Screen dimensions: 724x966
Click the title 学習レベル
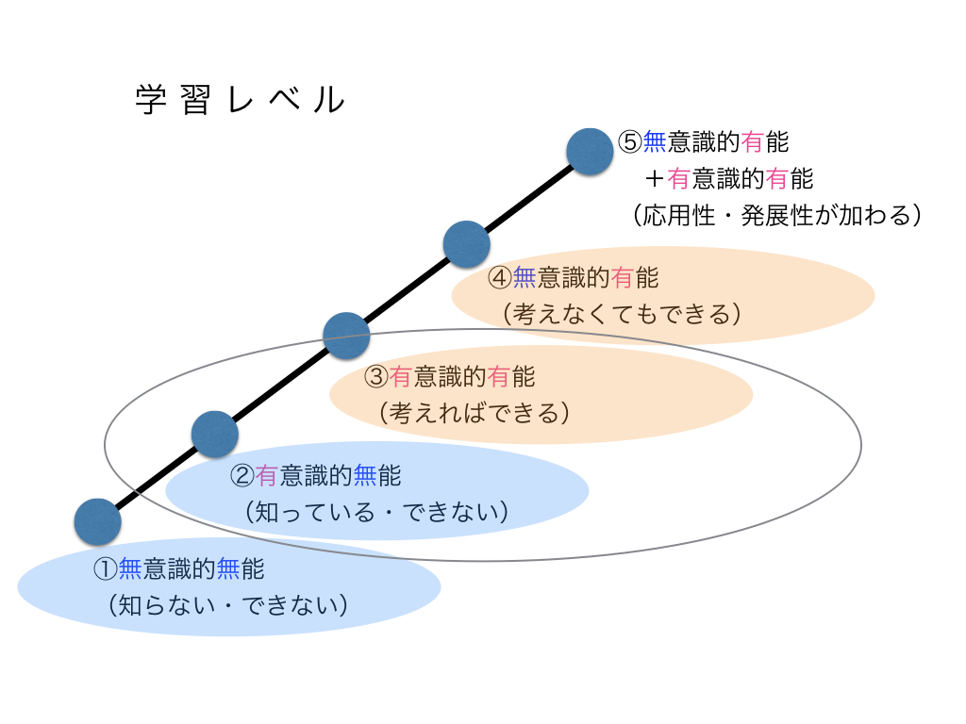pyautogui.click(x=240, y=100)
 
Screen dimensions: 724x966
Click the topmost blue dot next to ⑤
pyautogui.click(x=590, y=152)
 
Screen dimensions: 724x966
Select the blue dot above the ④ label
pyautogui.click(x=466, y=245)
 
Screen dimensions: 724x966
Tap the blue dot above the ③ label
pyautogui.click(x=346, y=336)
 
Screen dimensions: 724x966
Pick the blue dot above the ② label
pyautogui.click(x=215, y=434)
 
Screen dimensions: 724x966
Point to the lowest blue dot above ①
pyautogui.click(x=98, y=522)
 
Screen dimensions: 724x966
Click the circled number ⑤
pyautogui.click(x=630, y=142)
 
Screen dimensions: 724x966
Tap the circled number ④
pyautogui.click(x=499, y=279)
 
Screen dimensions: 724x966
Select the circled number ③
pyautogui.click(x=375, y=378)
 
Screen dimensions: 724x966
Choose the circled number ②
pyautogui.click(x=242, y=476)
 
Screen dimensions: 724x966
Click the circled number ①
pyautogui.click(x=105, y=569)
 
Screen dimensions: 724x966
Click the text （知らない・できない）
pyautogui.click(x=229, y=604)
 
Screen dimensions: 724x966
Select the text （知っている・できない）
pyautogui.click(x=376, y=512)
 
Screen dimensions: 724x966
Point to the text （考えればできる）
pyautogui.click(x=474, y=413)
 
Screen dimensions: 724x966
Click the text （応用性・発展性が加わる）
pyautogui.click(x=775, y=215)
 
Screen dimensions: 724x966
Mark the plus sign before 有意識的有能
pyautogui.click(x=655, y=178)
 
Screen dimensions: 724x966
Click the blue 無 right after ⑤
pyautogui.click(x=655, y=142)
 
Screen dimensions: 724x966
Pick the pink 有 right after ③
pyautogui.click(x=400, y=378)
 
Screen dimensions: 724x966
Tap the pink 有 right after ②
pyautogui.click(x=266, y=476)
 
